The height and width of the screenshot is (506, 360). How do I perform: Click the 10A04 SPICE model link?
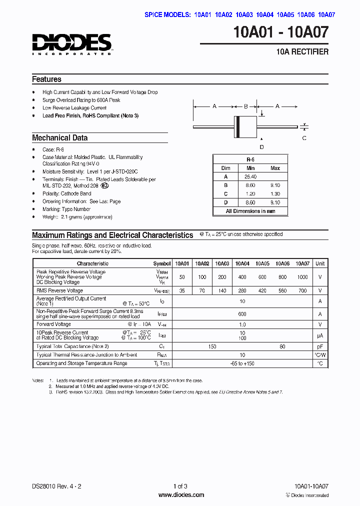(265, 14)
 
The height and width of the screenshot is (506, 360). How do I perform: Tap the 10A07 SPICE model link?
(326, 14)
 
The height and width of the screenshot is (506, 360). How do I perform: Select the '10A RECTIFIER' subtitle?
(303, 51)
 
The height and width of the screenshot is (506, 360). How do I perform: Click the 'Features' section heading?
(46, 79)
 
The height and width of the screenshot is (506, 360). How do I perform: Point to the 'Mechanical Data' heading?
(59, 138)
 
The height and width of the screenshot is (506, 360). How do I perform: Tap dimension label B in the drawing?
(245, 106)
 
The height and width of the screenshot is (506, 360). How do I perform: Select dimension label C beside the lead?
(304, 138)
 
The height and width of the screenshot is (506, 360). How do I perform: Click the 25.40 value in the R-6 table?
(250, 177)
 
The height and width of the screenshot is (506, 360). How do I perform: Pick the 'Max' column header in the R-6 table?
(275, 168)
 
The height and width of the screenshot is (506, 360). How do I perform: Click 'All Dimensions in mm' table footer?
(250, 211)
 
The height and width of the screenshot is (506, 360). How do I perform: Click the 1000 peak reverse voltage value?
(302, 277)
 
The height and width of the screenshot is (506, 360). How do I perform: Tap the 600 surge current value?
(242, 314)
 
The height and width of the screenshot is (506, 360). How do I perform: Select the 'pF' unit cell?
(320, 346)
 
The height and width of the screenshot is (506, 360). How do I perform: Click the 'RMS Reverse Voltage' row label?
(59, 290)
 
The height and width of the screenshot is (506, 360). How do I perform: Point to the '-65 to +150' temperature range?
(242, 363)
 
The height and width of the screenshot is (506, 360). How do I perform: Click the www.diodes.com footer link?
(181, 495)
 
